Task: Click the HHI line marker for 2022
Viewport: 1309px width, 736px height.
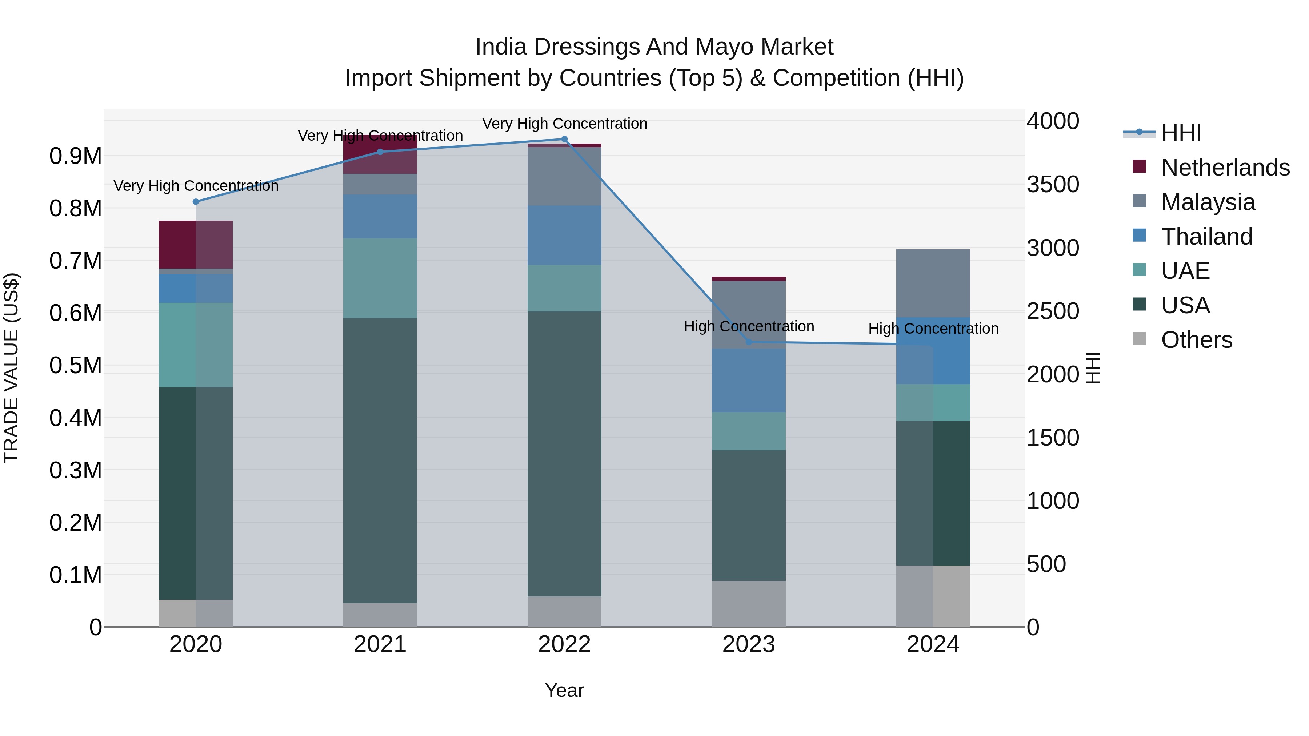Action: pos(564,139)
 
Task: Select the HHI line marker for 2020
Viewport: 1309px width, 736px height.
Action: pos(196,202)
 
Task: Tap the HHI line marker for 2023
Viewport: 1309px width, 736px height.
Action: pos(749,342)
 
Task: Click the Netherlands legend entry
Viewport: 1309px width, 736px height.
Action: pos(1225,168)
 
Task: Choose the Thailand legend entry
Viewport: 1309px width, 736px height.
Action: pos(1206,237)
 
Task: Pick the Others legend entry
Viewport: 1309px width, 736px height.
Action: pos(1196,340)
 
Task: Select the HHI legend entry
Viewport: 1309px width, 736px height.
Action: pos(1181,133)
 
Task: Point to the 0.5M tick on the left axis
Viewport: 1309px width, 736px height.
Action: pos(75,365)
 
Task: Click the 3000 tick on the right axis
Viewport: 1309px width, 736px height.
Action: pos(1052,248)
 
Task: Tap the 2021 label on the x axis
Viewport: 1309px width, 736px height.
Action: pos(380,644)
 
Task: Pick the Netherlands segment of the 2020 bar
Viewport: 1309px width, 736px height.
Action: pos(196,244)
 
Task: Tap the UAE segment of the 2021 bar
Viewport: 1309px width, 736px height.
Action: pos(380,278)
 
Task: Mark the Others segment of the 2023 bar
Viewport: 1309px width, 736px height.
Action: pos(749,603)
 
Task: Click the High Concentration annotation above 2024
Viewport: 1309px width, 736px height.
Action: pos(933,329)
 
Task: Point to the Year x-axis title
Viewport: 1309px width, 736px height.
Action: pos(564,690)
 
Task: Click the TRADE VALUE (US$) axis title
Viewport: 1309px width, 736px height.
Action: pos(11,368)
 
